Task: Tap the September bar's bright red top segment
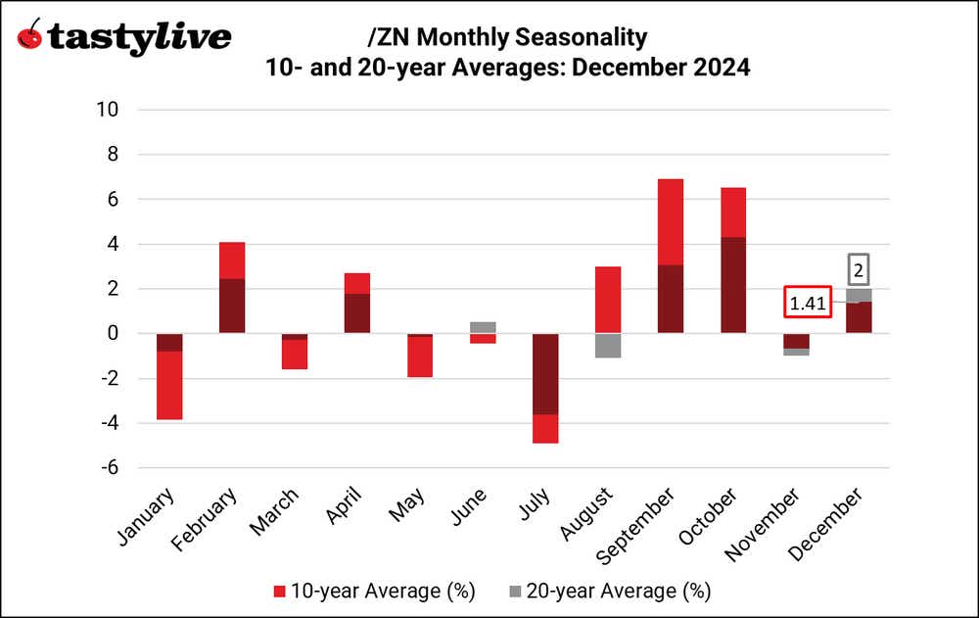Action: [671, 222]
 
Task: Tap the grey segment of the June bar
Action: [483, 327]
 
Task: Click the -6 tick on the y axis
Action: [108, 468]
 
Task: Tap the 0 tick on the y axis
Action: [112, 334]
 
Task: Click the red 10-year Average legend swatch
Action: [280, 592]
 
